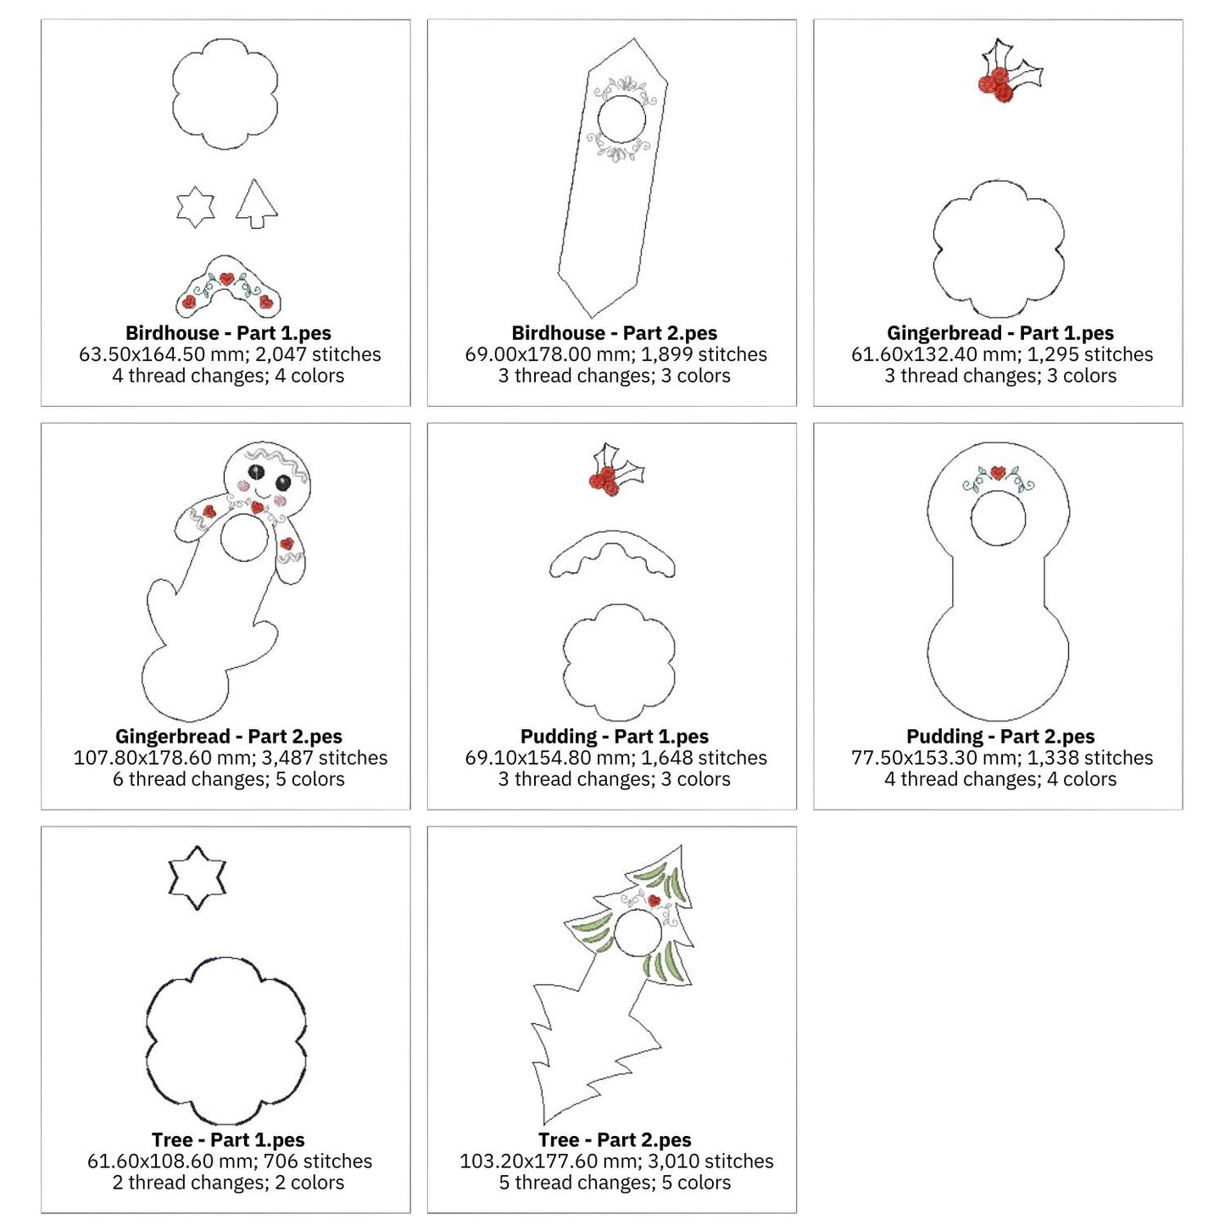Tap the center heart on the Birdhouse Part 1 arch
(227, 278)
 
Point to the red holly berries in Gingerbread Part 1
(995, 85)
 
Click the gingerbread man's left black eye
(256, 473)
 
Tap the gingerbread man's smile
(264, 493)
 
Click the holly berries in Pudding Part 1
(604, 481)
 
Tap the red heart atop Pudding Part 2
(998, 473)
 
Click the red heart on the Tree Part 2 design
(654, 901)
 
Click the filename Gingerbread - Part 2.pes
(229, 736)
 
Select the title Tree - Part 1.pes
(228, 1140)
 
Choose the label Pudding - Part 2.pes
(1000, 736)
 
